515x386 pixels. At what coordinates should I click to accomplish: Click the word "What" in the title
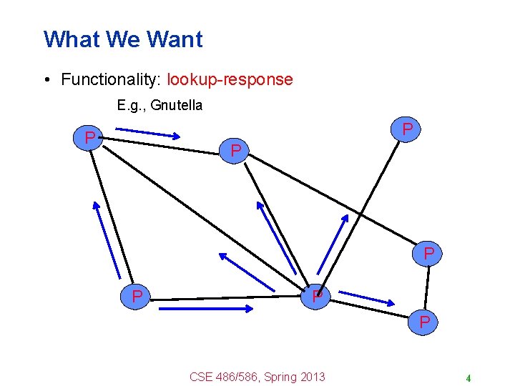click(x=69, y=39)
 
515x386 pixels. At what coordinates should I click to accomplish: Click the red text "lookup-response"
click(x=230, y=79)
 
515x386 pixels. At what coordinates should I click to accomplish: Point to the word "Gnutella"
click(x=178, y=106)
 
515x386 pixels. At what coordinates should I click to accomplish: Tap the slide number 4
click(x=468, y=378)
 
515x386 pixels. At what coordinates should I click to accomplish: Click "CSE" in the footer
click(x=201, y=377)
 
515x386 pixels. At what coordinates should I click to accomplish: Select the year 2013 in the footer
click(x=312, y=377)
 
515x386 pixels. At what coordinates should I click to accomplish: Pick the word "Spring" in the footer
click(x=280, y=377)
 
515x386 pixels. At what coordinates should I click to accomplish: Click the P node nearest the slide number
click(x=425, y=322)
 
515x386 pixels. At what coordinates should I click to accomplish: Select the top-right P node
click(x=407, y=130)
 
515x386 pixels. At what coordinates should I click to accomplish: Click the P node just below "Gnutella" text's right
click(x=237, y=151)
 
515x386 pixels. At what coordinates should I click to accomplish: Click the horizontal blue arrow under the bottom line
click(x=206, y=309)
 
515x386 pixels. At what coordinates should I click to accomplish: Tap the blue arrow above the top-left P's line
click(x=148, y=134)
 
